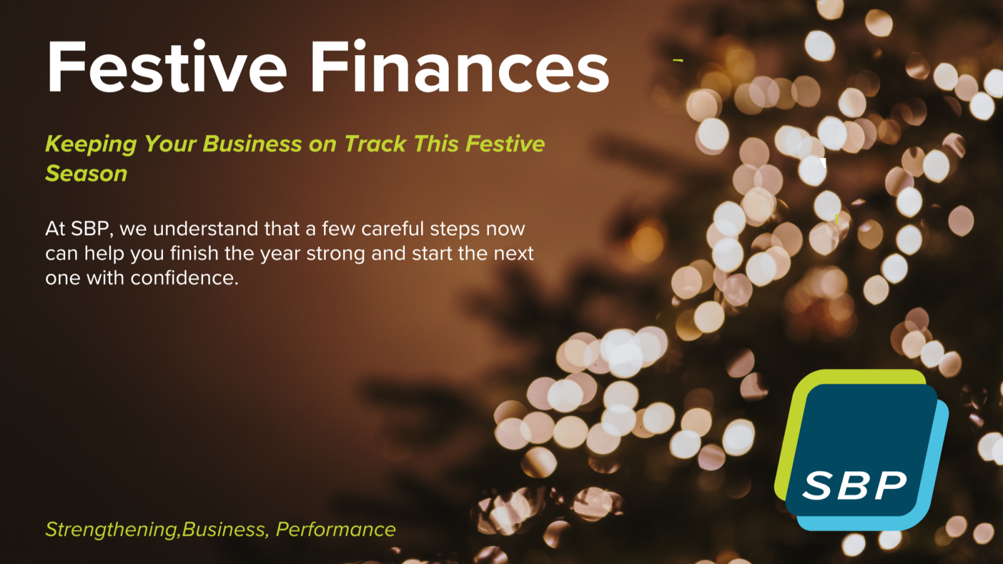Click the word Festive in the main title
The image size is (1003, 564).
pos(167,68)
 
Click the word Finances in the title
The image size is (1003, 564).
pos(459,68)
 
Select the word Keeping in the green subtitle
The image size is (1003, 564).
pos(90,144)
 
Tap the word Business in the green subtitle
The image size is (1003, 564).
pos(252,144)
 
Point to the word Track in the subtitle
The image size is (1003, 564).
pos(375,144)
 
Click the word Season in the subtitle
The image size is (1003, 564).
pos(86,174)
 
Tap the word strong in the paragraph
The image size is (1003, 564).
pos(335,253)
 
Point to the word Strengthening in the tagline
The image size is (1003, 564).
pos(112,530)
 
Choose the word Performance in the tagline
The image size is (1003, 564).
pos(335,530)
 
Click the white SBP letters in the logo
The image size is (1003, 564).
pos(854,486)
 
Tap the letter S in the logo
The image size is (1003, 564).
pos(817,486)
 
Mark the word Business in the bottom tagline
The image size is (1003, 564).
pos(223,530)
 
